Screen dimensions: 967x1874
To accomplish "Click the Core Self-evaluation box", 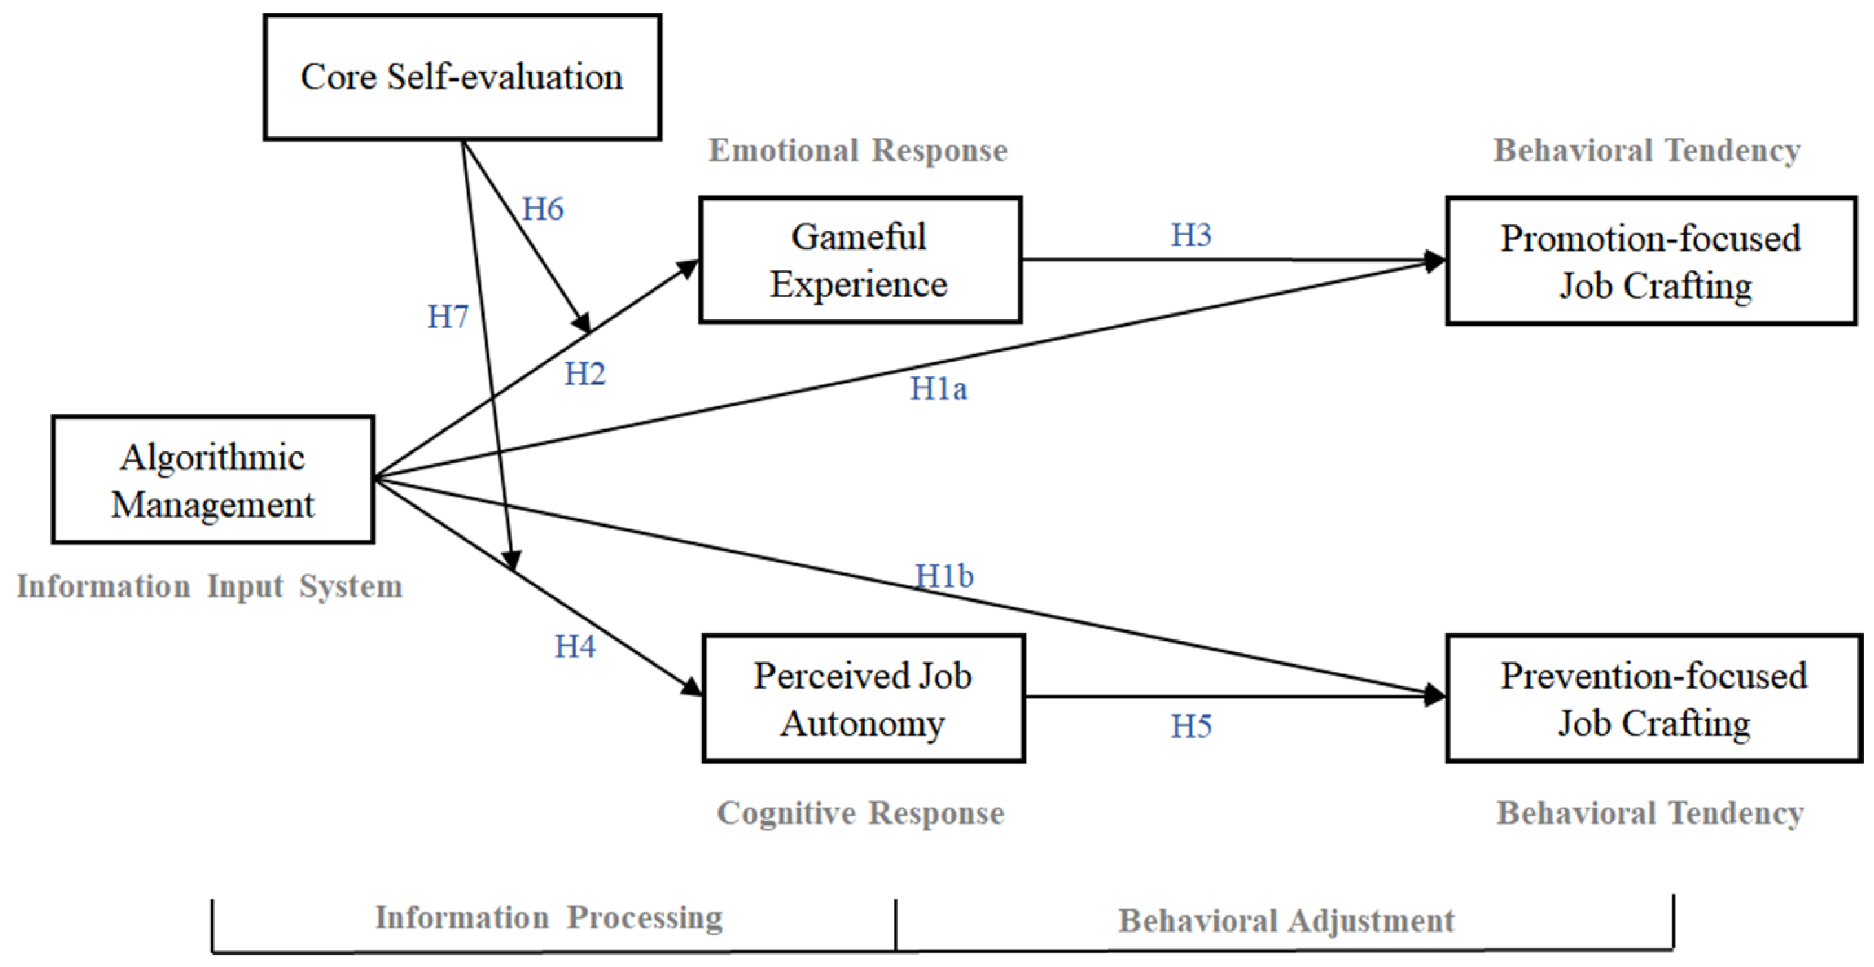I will [x=462, y=77].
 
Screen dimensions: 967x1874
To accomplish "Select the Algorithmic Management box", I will [x=213, y=480].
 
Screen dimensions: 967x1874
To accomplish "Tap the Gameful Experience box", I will [x=860, y=259].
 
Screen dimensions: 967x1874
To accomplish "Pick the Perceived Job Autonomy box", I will [x=863, y=698].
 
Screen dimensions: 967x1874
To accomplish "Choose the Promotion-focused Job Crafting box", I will [x=1651, y=261].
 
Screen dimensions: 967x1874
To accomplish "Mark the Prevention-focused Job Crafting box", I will [x=1654, y=698].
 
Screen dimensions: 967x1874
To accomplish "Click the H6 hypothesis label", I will [x=543, y=209].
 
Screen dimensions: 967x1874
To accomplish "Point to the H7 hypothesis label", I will [x=448, y=317].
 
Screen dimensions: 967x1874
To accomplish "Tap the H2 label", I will [x=585, y=374].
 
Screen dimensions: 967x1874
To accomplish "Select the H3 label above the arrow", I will [x=1191, y=235].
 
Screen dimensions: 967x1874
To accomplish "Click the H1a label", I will [x=938, y=389].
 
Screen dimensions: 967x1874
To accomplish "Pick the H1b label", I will [x=945, y=577].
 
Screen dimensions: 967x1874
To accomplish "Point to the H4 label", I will [x=575, y=646].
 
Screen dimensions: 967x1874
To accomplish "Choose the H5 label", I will [x=1191, y=726].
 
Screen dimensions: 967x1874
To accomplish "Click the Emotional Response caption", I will [x=859, y=151].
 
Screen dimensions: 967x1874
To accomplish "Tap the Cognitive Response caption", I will [x=861, y=813].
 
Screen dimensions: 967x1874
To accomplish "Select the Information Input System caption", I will [x=209, y=586].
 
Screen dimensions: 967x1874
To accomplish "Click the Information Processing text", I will [x=549, y=917].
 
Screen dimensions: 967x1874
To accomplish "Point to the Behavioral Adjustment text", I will [x=1286, y=920].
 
